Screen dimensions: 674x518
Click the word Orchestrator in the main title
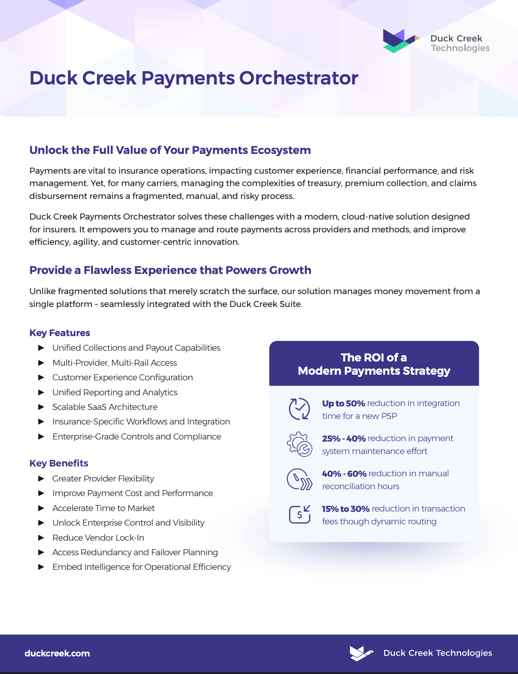(x=298, y=78)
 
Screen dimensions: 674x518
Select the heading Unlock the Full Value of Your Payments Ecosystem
(x=170, y=150)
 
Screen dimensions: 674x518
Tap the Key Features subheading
(x=60, y=333)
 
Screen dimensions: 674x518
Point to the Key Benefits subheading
(x=59, y=463)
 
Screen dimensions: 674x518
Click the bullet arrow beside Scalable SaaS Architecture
(x=41, y=407)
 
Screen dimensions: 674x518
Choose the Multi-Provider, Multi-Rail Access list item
(x=114, y=363)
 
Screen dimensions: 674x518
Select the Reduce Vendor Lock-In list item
(x=98, y=538)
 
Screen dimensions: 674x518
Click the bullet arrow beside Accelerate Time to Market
(x=41, y=508)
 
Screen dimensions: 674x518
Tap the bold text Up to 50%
(x=343, y=403)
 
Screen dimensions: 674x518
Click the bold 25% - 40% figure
(x=343, y=439)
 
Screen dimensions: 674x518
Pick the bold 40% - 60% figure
(x=344, y=474)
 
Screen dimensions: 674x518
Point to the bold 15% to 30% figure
(x=346, y=509)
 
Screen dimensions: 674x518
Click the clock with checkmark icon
(x=299, y=409)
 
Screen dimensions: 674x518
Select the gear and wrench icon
(x=299, y=444)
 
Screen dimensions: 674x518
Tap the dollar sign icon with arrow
(x=299, y=514)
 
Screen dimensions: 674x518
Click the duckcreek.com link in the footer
(x=57, y=653)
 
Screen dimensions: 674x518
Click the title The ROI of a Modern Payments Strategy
(x=374, y=364)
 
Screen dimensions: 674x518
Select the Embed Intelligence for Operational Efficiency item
(x=142, y=567)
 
